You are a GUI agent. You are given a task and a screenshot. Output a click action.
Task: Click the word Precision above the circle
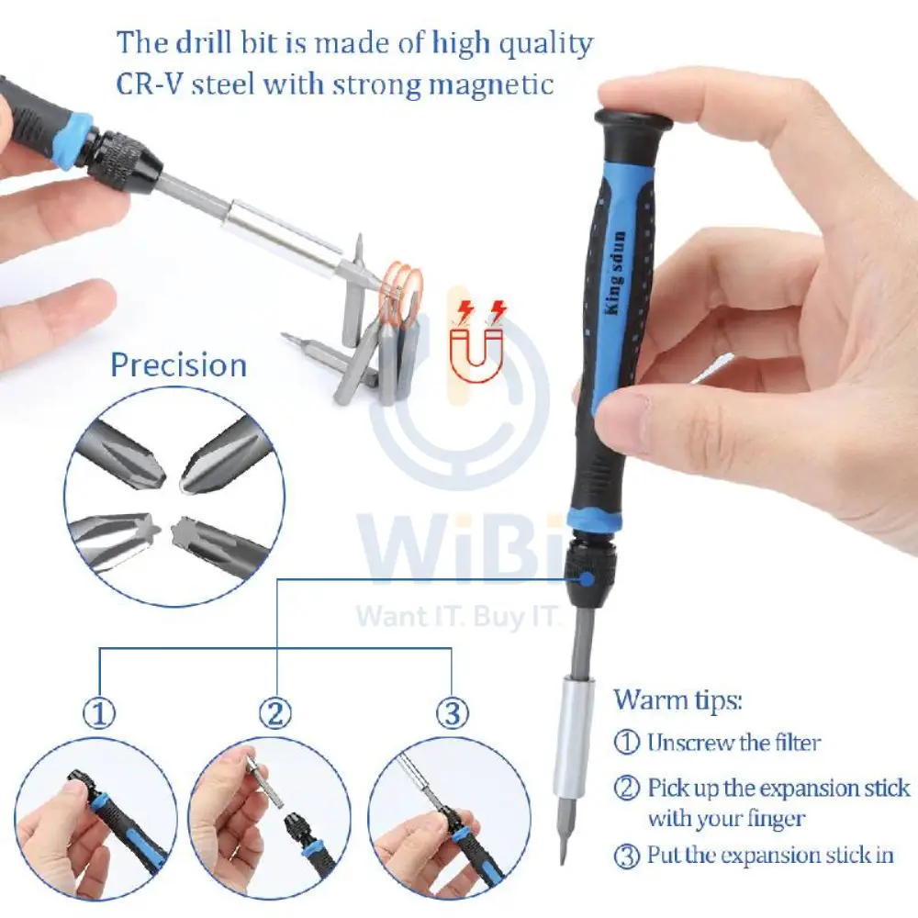click(179, 365)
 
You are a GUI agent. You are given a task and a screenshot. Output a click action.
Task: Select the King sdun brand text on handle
click(615, 273)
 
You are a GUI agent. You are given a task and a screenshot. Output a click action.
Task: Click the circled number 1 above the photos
click(99, 713)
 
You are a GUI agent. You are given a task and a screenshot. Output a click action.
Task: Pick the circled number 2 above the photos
click(275, 713)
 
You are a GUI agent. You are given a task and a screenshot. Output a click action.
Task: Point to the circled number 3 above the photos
click(452, 713)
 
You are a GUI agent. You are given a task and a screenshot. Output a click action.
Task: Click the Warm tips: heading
click(677, 700)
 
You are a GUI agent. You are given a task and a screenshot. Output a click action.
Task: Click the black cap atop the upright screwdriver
click(633, 121)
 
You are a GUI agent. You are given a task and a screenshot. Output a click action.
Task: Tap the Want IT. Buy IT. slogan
click(458, 617)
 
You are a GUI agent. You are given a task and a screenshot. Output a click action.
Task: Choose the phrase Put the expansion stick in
click(770, 856)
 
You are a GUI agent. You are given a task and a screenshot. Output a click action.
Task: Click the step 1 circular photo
click(95, 819)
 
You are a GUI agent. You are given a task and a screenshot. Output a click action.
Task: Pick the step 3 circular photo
click(449, 819)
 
